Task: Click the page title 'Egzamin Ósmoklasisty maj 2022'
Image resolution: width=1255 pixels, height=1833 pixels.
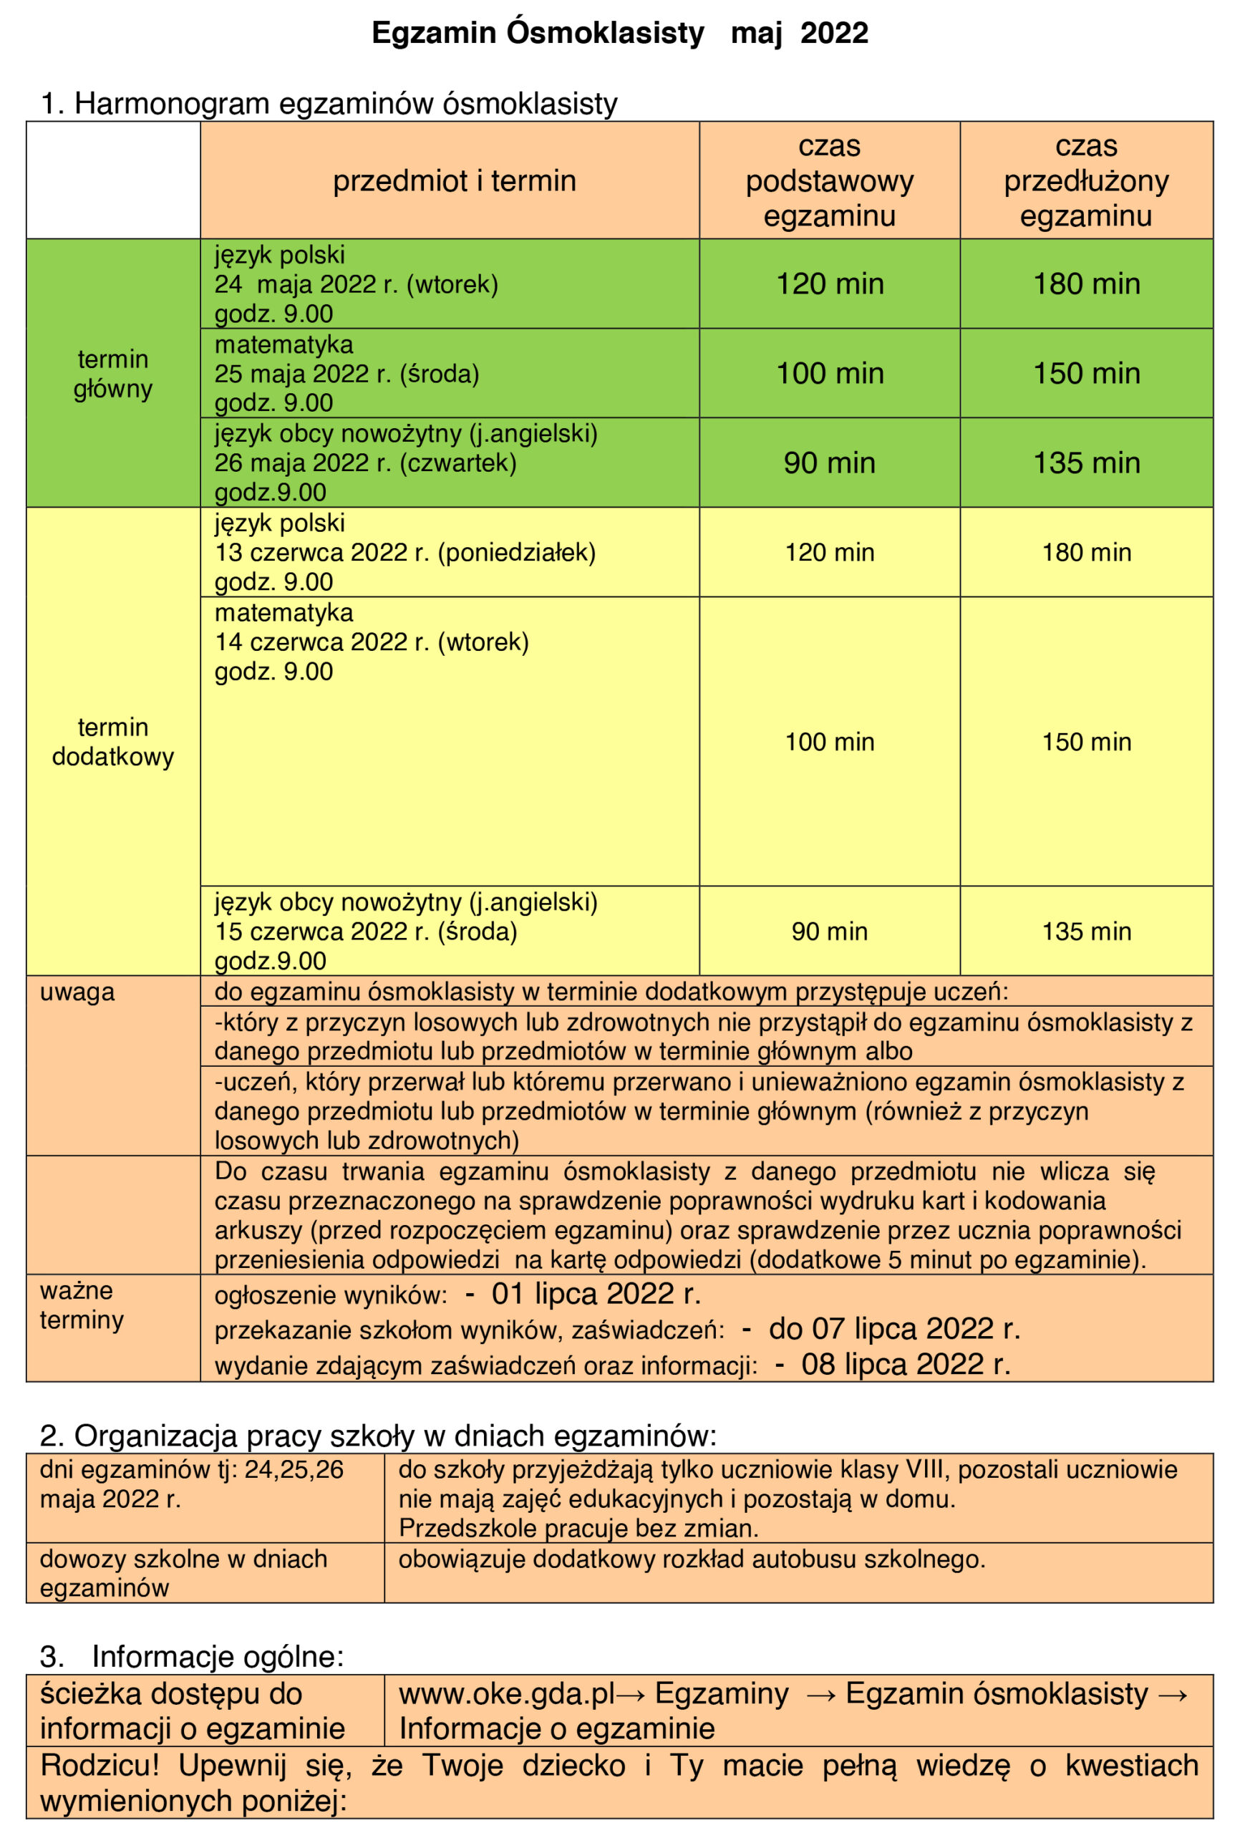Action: (x=620, y=34)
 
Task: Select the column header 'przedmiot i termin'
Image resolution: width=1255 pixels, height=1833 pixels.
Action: (x=455, y=181)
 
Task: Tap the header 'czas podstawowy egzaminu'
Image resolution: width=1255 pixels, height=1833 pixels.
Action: (x=829, y=181)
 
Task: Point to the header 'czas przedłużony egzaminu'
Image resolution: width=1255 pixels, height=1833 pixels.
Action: (x=1085, y=181)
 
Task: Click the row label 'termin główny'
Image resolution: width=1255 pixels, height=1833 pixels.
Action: (x=113, y=374)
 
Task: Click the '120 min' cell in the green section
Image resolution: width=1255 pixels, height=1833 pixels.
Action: (x=830, y=284)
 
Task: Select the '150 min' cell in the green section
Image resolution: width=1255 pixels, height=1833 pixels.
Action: (x=1086, y=374)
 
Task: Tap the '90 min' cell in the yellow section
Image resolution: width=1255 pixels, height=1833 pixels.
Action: (x=829, y=932)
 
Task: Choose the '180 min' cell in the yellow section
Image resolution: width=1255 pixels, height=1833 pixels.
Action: (x=1086, y=553)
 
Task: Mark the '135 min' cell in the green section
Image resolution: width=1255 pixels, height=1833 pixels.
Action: (x=1086, y=463)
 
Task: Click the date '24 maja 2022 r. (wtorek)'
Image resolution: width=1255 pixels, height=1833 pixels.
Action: (x=357, y=285)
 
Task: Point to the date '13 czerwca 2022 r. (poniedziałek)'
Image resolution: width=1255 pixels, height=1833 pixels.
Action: (x=405, y=553)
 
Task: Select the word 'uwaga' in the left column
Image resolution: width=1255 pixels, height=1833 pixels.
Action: (x=77, y=992)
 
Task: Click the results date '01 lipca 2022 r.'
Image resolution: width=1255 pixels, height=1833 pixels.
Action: (x=596, y=1295)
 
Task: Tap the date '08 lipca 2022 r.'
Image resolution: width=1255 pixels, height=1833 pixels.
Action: (x=905, y=1365)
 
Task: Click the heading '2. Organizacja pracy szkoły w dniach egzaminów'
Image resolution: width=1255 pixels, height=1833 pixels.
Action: (x=378, y=1436)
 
